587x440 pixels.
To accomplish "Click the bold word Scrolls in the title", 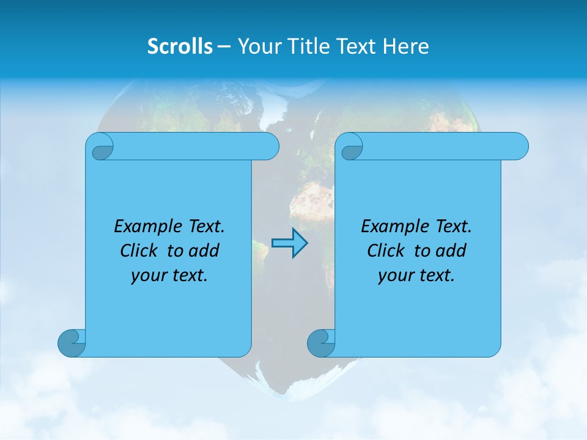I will [x=180, y=46].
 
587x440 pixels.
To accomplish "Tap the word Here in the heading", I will [x=407, y=46].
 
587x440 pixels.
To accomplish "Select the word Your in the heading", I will [x=256, y=46].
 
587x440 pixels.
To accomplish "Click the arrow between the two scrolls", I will [x=289, y=243].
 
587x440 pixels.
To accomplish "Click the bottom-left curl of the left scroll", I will [x=72, y=343].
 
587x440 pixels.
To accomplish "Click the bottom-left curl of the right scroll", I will [x=320, y=343].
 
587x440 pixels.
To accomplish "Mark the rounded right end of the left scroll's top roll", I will [x=269, y=147].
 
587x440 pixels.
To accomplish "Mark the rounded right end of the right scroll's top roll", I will [x=519, y=147].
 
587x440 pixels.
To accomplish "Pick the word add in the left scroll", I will [x=205, y=251].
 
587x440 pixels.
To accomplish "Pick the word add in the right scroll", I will [x=452, y=251].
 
